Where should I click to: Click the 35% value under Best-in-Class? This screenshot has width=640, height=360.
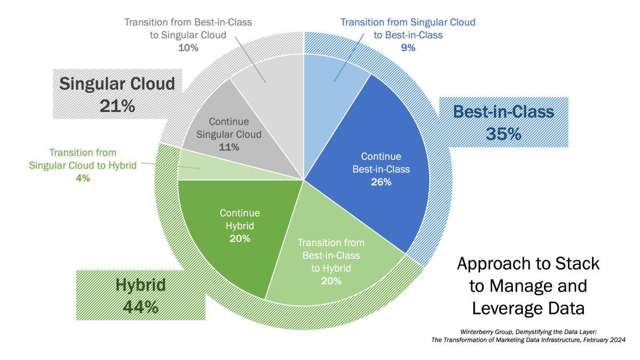(x=503, y=133)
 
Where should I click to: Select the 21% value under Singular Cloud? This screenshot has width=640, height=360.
(x=117, y=106)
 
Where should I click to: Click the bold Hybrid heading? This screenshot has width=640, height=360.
(x=141, y=285)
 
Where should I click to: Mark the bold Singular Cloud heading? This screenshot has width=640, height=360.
(x=117, y=84)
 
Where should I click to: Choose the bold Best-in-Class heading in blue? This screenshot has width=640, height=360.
(x=503, y=111)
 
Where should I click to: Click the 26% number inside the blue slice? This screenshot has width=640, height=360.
(x=381, y=182)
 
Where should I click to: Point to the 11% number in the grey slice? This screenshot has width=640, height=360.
(x=229, y=147)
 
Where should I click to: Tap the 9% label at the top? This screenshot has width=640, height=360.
(x=408, y=47)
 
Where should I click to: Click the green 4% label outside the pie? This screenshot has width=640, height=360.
(x=83, y=179)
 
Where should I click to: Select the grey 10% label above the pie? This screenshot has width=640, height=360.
(x=188, y=47)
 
